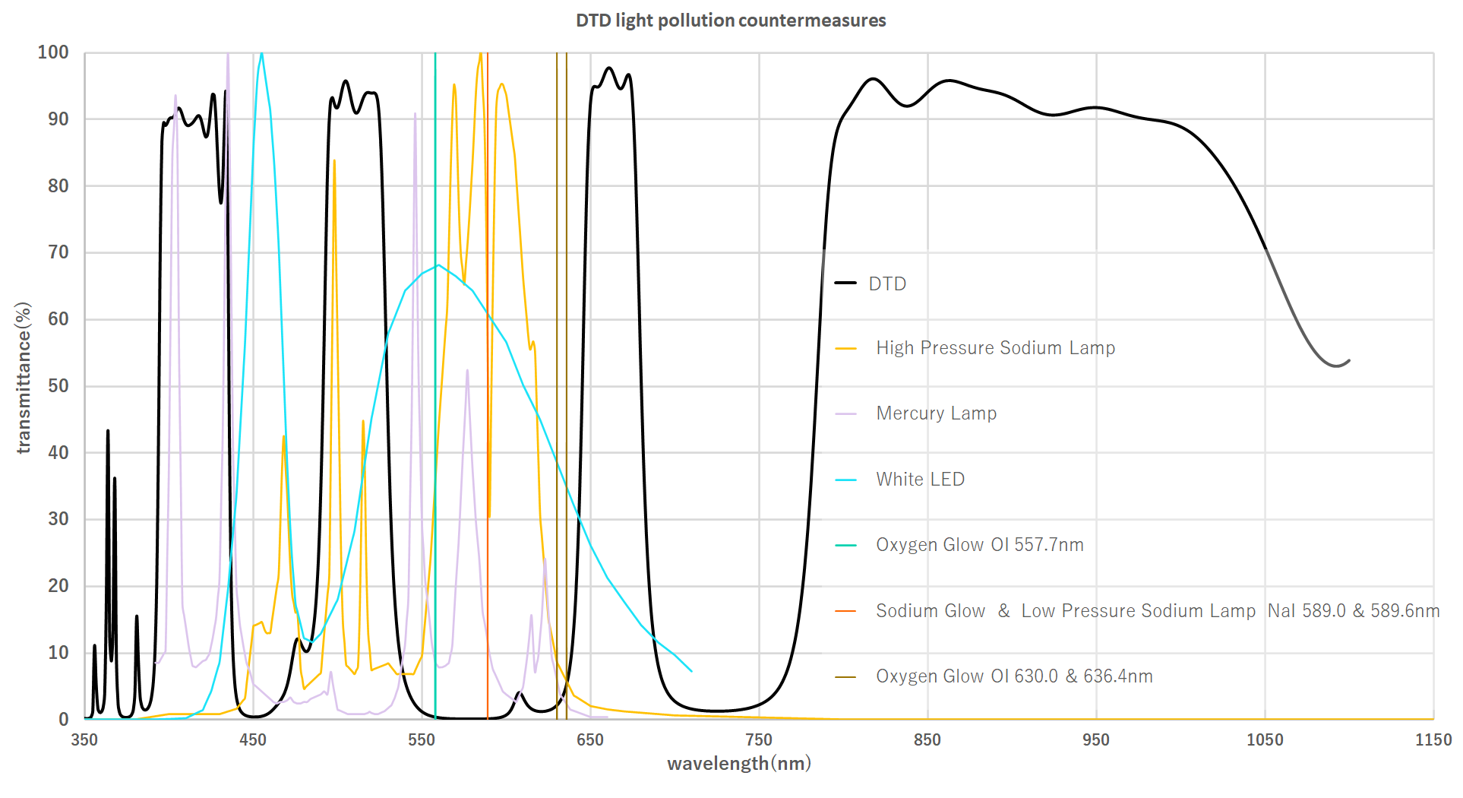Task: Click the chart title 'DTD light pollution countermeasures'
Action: (731, 21)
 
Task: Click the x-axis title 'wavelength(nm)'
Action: (738, 763)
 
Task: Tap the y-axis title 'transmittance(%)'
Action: (24, 378)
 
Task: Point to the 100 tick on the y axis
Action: (53, 52)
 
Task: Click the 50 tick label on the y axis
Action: (58, 386)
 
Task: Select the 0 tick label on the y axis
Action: (64, 719)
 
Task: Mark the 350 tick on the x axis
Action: (84, 739)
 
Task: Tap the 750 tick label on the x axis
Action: (759, 739)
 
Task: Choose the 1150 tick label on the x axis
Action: (1433, 739)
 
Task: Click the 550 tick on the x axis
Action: (422, 739)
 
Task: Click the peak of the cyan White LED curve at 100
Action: (261, 54)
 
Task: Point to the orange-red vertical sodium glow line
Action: (488, 380)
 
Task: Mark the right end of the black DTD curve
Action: (1349, 360)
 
